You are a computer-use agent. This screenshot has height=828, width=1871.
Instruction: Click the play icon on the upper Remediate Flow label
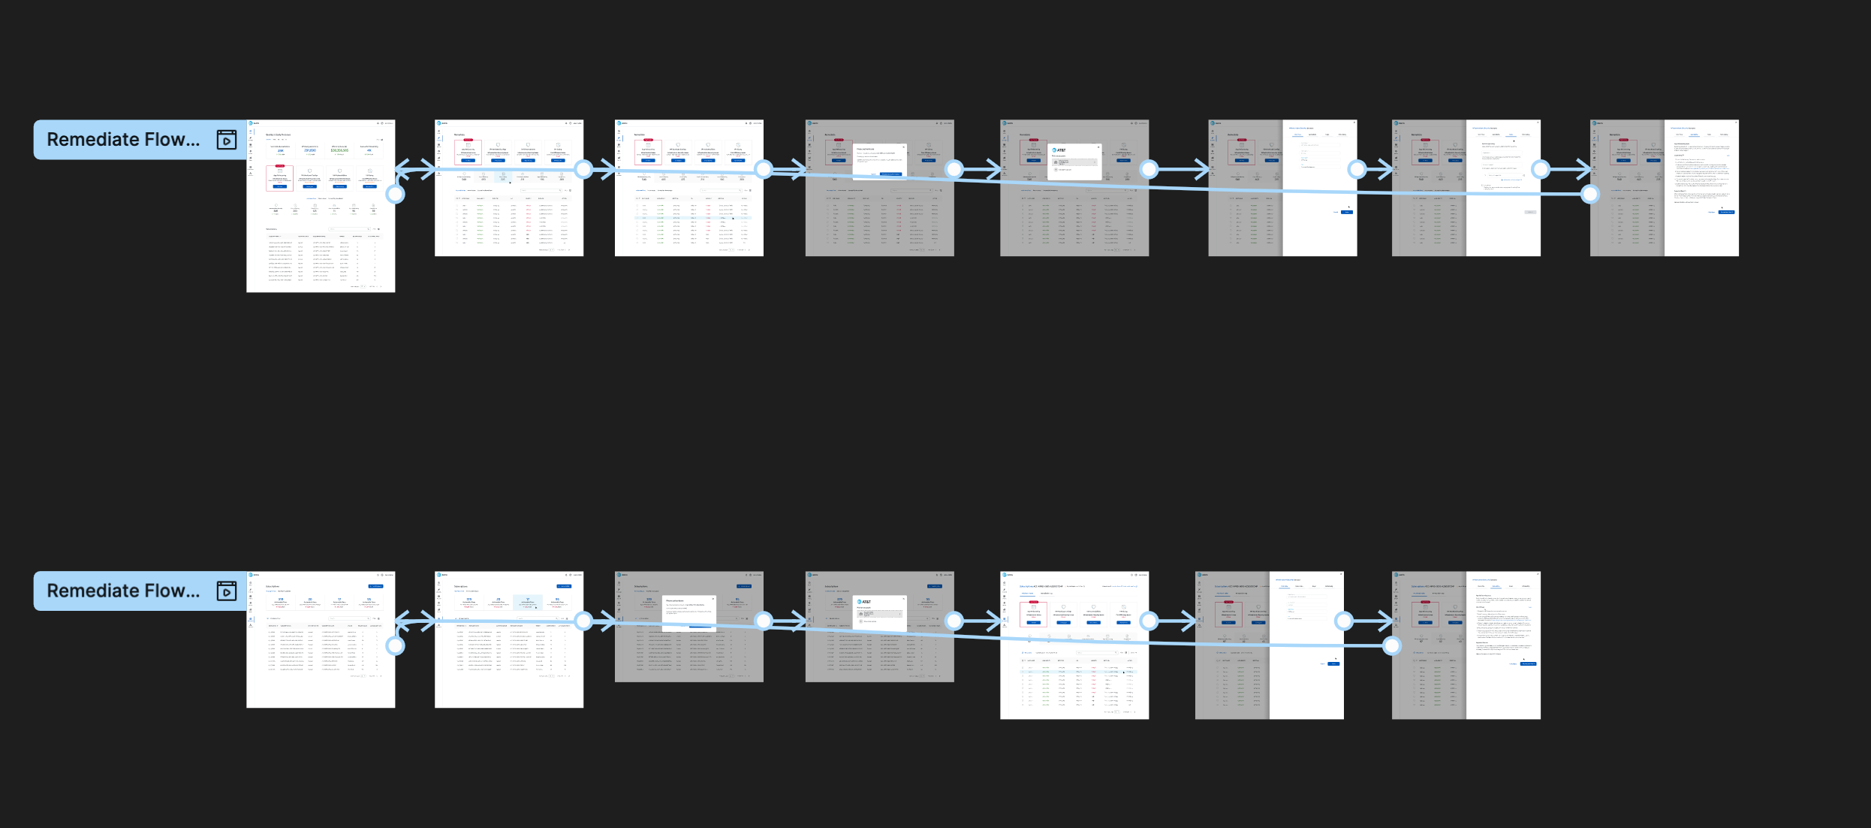[x=227, y=140]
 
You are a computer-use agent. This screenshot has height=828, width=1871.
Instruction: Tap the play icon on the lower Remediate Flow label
[x=227, y=591]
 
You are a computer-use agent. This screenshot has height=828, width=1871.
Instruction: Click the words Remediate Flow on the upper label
[x=123, y=140]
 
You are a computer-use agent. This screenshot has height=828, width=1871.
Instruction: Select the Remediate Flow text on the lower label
[x=123, y=591]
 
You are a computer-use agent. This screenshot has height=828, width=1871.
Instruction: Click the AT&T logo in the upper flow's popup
[x=1059, y=150]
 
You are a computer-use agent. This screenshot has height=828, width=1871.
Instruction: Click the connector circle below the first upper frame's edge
[x=395, y=195]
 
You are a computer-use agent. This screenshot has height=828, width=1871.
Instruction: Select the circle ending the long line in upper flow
[x=1589, y=195]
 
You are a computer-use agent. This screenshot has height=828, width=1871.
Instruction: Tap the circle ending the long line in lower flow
[x=1392, y=645]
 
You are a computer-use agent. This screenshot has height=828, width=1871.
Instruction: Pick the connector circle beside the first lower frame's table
[x=395, y=645]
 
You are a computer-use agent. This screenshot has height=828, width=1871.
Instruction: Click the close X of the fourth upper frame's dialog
[x=903, y=147]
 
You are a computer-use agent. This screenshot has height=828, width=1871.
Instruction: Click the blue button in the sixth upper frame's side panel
[x=1347, y=213]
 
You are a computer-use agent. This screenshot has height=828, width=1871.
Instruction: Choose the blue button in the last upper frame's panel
[x=1726, y=213]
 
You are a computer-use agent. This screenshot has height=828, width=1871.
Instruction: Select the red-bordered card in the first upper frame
[x=279, y=178]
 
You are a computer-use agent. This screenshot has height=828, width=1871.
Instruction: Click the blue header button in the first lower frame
[x=375, y=586]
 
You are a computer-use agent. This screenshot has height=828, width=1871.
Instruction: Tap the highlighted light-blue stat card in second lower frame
[x=528, y=602]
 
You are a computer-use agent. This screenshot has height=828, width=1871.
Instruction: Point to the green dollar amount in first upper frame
[x=339, y=150]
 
